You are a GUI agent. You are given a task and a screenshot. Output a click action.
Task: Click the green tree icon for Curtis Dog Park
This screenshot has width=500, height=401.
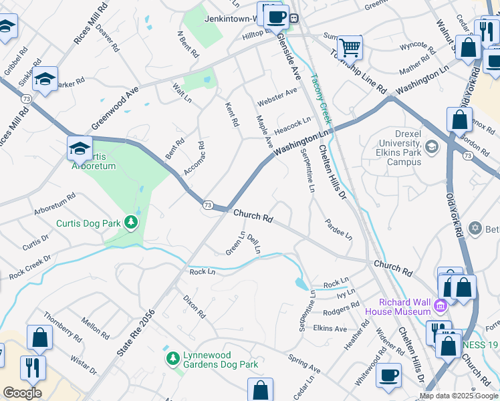[x=132, y=223]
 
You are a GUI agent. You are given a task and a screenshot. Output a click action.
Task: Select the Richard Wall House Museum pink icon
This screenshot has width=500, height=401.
[x=440, y=306]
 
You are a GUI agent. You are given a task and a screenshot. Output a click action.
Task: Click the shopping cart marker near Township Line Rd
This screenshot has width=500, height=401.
[x=348, y=47]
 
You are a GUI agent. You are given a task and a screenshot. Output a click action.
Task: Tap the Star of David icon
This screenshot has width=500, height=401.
[x=475, y=229]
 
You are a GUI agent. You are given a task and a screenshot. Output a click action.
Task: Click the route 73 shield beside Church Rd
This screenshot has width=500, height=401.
[x=208, y=205]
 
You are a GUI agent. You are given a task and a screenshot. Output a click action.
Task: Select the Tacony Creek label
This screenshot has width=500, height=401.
[x=322, y=100]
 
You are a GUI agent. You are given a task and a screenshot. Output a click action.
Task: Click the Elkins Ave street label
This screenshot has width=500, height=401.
[x=330, y=328]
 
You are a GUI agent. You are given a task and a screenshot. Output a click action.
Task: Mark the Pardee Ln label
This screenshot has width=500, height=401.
[x=339, y=229]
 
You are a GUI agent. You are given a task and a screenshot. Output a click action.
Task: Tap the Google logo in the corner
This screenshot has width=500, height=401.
[x=22, y=393]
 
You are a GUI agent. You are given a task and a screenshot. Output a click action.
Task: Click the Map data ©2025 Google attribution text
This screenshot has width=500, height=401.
[x=459, y=396]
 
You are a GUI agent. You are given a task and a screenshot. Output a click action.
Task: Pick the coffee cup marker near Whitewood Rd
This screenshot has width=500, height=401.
[x=388, y=376]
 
